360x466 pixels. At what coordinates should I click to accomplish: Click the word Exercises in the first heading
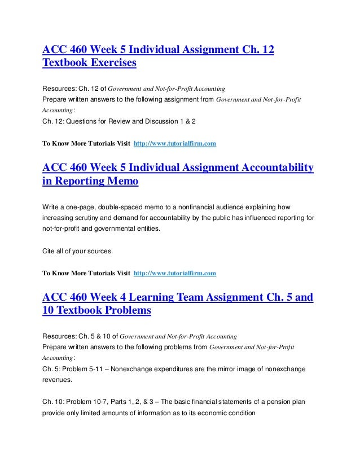coord(112,64)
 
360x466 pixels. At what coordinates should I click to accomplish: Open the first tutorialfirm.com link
coord(175,144)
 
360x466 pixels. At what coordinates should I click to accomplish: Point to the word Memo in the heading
coord(126,182)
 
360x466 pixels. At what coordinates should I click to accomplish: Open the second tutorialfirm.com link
coord(175,274)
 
